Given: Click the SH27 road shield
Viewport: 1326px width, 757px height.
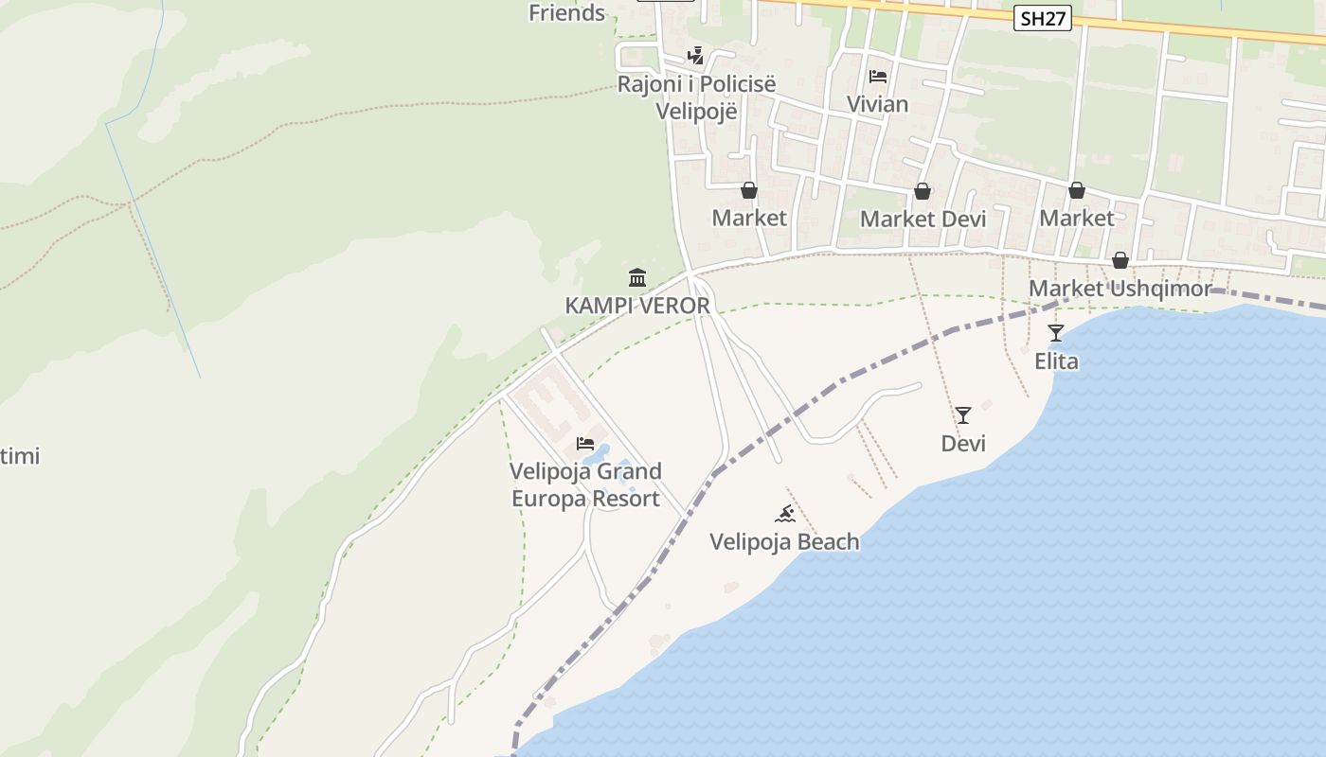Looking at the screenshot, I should [1042, 19].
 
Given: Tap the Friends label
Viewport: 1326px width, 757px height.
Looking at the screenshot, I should [566, 12].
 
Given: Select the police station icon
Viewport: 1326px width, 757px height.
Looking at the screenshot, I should [696, 56].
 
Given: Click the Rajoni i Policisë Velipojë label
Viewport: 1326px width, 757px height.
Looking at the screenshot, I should [696, 97].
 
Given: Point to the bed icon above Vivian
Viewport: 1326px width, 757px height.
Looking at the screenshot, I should [878, 77].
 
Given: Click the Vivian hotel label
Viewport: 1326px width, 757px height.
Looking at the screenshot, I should [878, 104].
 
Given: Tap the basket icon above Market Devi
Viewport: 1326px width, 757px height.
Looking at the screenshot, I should [923, 192].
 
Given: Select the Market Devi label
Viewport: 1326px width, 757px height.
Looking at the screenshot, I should [923, 220].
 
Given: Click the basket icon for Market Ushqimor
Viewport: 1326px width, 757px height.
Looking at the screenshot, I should [1120, 260].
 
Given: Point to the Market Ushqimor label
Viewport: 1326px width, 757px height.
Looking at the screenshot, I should [1120, 289].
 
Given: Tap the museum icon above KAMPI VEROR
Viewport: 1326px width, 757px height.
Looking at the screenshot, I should [637, 278].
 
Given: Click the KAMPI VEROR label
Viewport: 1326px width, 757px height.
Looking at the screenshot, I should [637, 306].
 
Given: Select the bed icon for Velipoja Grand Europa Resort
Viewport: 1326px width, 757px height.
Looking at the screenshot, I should [585, 443].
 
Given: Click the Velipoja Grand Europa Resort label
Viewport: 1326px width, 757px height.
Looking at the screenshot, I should [585, 484].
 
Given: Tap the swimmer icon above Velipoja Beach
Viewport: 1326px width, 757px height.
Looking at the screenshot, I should [785, 514].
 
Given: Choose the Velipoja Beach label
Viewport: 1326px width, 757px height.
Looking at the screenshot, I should [785, 542].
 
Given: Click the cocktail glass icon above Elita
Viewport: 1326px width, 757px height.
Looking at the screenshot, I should [1056, 333].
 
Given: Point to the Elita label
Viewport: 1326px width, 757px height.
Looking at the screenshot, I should [1056, 361].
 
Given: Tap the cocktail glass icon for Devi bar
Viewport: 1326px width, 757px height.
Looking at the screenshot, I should [963, 415].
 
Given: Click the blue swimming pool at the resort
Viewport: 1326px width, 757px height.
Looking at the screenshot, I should [607, 450].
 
